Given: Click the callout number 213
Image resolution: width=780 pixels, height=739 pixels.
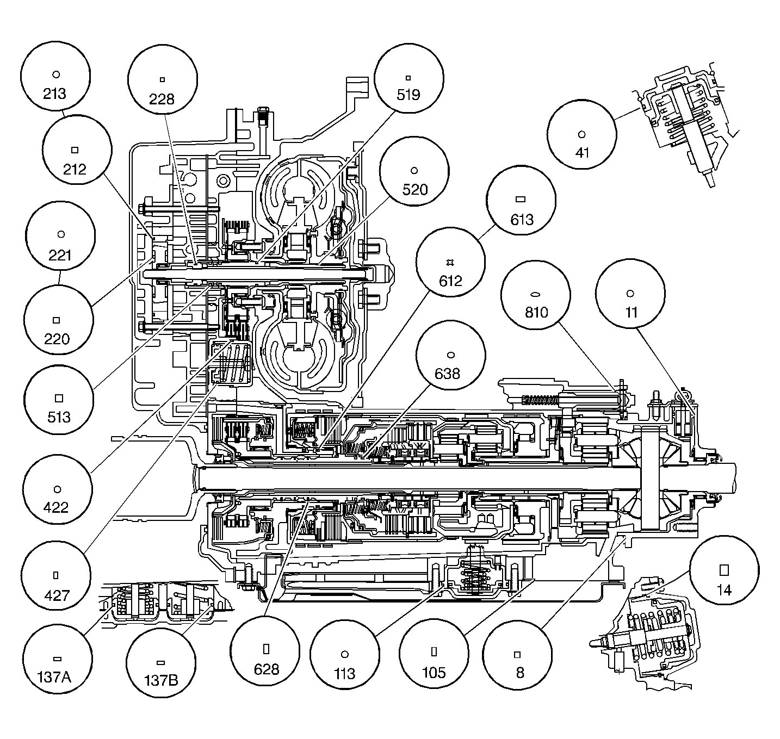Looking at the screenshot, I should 54,94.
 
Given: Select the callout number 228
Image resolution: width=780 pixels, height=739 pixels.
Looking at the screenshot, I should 162,99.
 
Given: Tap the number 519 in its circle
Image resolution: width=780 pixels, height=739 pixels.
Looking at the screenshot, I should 408,95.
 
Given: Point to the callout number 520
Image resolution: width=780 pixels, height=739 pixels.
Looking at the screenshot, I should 414,190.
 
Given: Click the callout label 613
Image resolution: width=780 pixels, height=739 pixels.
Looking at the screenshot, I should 522,220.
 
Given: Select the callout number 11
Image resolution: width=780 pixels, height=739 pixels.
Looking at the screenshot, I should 630,313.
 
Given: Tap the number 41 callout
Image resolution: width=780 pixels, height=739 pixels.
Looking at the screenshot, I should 582,153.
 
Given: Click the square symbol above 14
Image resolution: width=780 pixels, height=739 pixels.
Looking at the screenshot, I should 724,569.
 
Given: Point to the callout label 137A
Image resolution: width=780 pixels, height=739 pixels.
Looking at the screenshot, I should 57,678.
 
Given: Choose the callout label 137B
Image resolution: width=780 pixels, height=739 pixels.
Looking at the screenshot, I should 160,680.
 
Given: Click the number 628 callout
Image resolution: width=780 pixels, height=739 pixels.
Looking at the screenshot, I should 266,668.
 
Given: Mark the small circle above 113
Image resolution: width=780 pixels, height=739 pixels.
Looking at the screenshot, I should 344,654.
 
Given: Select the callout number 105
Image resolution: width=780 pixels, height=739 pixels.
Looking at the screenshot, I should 434,673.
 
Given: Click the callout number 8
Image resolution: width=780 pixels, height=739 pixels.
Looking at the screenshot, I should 519,673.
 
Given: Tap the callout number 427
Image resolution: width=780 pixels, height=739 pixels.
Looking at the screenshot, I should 57,595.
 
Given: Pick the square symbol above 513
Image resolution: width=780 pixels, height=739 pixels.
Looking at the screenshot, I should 59,398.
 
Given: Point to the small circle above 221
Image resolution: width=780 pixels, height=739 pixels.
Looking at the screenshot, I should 61,234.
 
